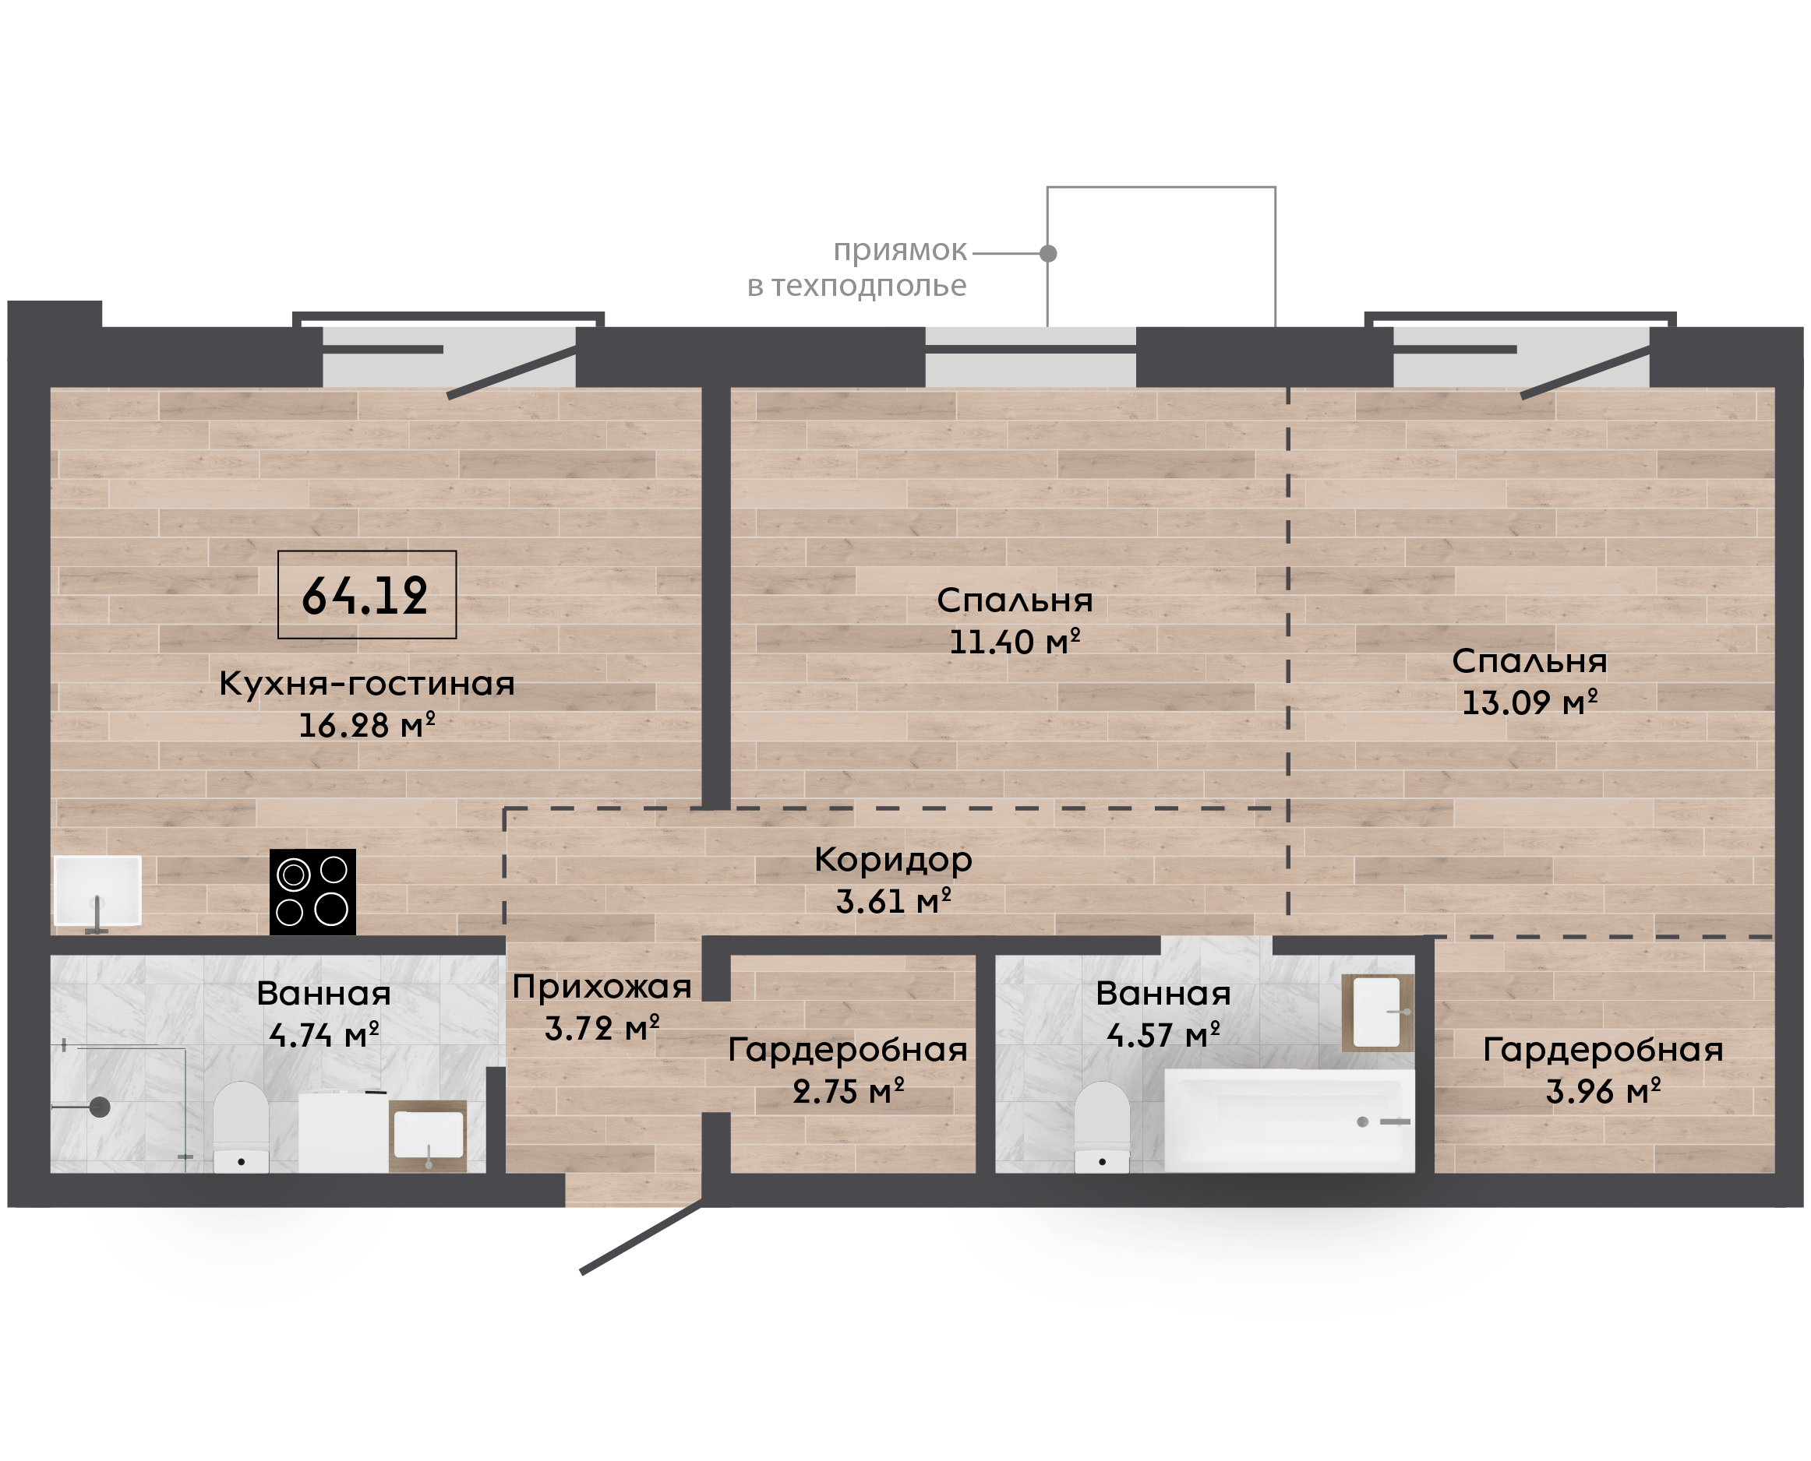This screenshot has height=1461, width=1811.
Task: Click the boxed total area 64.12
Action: pos(366,595)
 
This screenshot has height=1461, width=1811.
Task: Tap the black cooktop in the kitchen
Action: pos(312,891)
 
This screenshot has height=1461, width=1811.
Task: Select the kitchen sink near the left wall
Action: pos(97,890)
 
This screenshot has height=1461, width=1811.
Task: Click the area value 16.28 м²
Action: pos(367,724)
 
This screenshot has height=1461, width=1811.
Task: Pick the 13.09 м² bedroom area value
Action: pos(1529,702)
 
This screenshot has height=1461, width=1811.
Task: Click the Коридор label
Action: pos(893,860)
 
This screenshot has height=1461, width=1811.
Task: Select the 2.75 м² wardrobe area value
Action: pos(848,1092)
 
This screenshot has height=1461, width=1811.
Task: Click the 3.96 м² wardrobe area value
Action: pos(1603,1092)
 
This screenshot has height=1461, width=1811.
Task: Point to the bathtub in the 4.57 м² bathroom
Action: pos(1289,1120)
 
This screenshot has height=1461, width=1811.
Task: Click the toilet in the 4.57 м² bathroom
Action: pos(1102,1127)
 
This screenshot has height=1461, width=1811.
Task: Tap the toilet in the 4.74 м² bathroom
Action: pos(241,1127)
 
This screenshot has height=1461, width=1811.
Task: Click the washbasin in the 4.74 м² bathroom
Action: pos(428,1136)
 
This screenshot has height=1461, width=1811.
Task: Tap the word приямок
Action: pos(900,251)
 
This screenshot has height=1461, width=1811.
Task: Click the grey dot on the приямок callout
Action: pos(1048,252)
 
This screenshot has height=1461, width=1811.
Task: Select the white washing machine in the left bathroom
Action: pos(344,1132)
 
